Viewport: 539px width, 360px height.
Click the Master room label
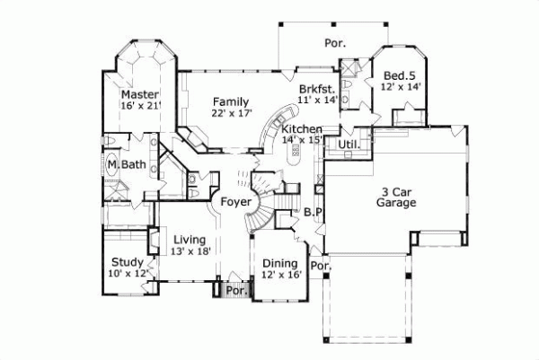[140, 94]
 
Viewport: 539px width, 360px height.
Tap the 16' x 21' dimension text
[140, 107]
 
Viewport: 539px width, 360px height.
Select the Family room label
[231, 101]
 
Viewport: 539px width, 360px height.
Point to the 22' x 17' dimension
[231, 114]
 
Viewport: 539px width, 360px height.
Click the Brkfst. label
[318, 88]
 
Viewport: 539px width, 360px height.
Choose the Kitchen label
[302, 128]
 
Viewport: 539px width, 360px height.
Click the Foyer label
[234, 202]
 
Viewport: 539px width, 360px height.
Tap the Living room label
[190, 240]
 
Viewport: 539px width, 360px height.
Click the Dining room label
[278, 263]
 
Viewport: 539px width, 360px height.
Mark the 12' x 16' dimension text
[278, 276]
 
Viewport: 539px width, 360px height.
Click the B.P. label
[313, 213]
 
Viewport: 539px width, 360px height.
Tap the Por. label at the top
[334, 42]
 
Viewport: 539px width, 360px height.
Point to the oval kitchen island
[295, 154]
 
